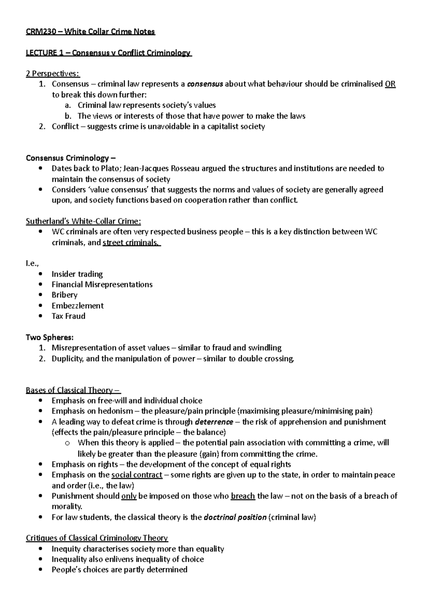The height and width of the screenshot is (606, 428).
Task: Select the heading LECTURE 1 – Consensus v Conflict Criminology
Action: [109, 53]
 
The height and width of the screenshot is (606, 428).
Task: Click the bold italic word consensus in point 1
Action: [205, 84]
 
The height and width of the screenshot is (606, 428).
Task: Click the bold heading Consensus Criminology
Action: [71, 158]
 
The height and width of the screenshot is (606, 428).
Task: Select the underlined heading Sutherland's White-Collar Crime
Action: [83, 221]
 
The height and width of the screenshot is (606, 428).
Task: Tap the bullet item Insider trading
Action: [77, 274]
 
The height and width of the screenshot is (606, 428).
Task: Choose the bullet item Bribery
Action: [65, 295]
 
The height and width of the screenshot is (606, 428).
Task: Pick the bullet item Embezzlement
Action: [77, 305]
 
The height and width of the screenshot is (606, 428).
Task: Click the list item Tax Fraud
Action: [68, 316]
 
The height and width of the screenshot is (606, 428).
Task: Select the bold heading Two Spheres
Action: [50, 337]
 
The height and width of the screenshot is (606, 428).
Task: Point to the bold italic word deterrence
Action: [214, 422]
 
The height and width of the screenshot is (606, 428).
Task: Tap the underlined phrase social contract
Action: [137, 475]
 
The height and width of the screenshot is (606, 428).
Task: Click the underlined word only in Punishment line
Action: [129, 496]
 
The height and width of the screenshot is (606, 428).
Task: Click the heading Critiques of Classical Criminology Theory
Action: [97, 538]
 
